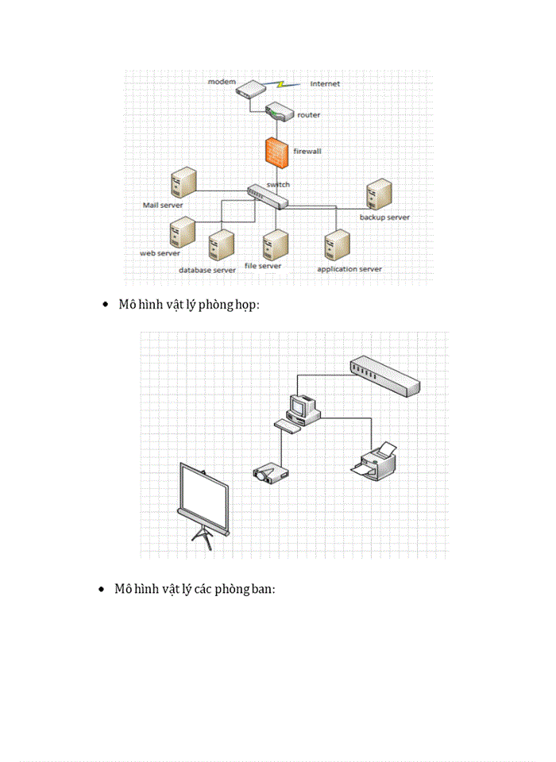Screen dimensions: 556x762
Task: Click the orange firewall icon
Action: click(276, 152)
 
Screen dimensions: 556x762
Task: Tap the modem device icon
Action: click(251, 87)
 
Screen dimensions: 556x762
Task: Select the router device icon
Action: click(280, 112)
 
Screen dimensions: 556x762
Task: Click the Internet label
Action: click(325, 83)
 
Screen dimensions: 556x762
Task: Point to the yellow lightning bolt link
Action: click(282, 84)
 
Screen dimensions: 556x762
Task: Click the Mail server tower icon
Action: click(183, 183)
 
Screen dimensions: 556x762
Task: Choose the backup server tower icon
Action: click(380, 194)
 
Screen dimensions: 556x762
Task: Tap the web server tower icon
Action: click(183, 233)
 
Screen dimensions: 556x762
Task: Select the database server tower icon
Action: click(222, 245)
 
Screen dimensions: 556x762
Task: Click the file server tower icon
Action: click(276, 245)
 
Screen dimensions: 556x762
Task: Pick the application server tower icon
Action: click(337, 245)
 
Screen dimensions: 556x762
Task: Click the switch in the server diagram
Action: click(268, 197)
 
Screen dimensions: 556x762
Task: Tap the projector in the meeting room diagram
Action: click(271, 473)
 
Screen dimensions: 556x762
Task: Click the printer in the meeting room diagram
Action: click(374, 460)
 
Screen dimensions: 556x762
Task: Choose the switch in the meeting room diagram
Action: click(384, 376)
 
